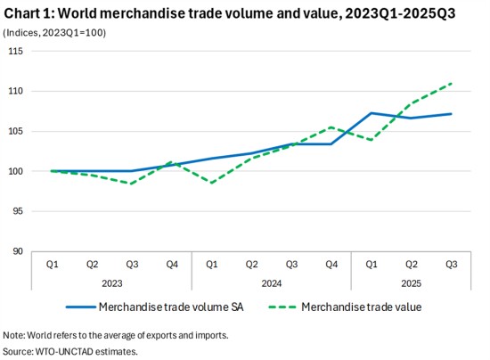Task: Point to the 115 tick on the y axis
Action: pos(15,51)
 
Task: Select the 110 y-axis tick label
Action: pos(15,91)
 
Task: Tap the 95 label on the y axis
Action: pos(17,211)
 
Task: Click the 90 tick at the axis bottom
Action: pos(17,251)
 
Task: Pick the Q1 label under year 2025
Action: pos(372,264)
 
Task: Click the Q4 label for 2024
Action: pos(331,264)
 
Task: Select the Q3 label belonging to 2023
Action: pos(132,264)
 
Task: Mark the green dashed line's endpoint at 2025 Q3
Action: pos(452,83)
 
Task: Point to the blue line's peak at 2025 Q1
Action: pos(372,113)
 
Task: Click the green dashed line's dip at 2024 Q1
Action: pos(212,183)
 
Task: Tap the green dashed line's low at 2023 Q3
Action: pos(132,184)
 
